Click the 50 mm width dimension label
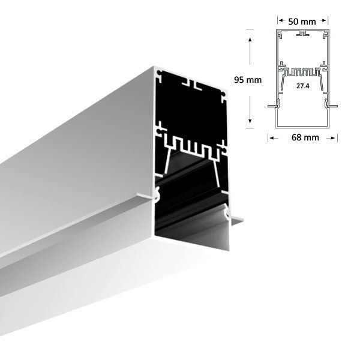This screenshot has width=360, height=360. point(302,22)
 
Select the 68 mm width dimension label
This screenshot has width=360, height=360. point(302,138)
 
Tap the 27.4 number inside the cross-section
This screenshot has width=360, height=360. point(302,86)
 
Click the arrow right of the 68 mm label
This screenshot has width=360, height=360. point(333,138)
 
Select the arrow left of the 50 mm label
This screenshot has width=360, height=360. point(280,22)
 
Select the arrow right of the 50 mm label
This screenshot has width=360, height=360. point(324,22)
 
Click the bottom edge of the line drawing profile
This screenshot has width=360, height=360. point(302,128)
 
